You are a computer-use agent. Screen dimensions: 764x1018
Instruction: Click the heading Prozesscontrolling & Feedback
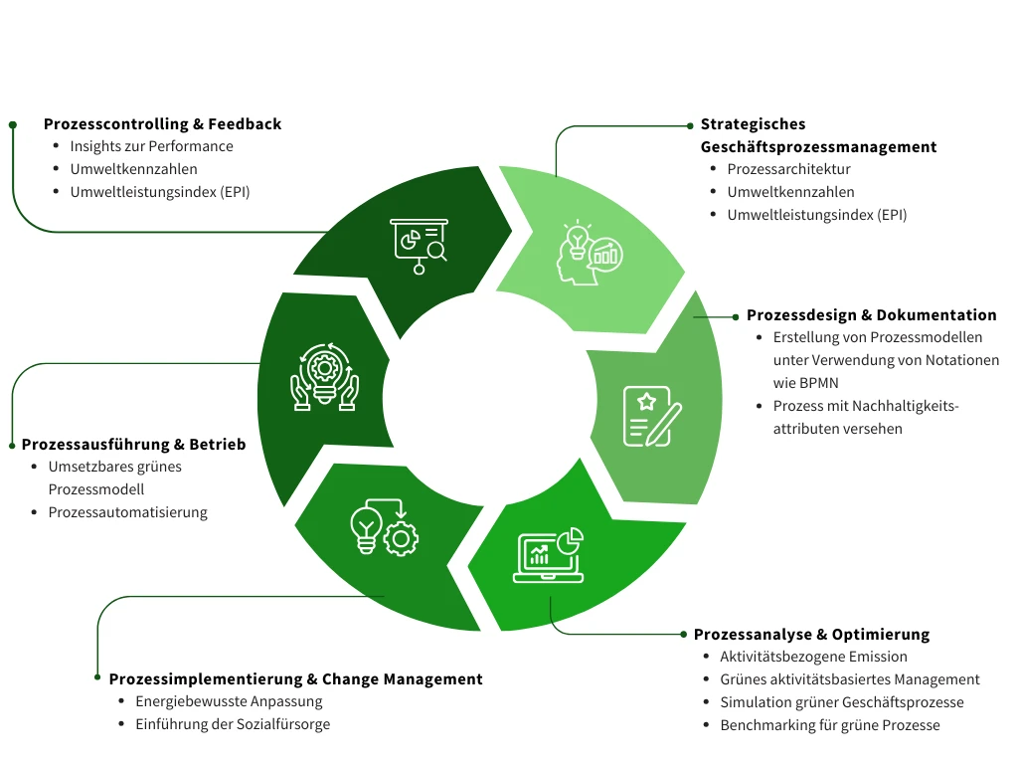pyautogui.click(x=162, y=124)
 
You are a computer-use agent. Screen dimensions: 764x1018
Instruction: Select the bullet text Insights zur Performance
pyautogui.click(x=151, y=146)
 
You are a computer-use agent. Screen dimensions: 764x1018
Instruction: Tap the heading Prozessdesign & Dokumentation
pyautogui.click(x=871, y=315)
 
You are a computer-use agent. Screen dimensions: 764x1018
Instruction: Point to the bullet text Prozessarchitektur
pyautogui.click(x=788, y=169)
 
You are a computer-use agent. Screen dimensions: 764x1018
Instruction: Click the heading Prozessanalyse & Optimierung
pyautogui.click(x=811, y=635)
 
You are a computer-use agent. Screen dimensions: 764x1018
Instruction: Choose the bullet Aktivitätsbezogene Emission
pyautogui.click(x=813, y=657)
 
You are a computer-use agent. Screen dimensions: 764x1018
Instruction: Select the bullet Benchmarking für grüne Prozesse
pyautogui.click(x=829, y=725)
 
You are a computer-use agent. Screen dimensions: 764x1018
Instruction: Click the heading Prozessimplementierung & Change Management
pyautogui.click(x=295, y=679)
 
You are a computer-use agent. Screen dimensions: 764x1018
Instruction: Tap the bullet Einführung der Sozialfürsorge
pyautogui.click(x=233, y=724)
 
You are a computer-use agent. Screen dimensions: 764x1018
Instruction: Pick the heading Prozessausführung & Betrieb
pyautogui.click(x=133, y=445)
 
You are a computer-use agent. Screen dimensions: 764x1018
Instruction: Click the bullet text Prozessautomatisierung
pyautogui.click(x=127, y=512)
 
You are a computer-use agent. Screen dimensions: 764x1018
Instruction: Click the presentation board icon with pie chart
pyautogui.click(x=419, y=245)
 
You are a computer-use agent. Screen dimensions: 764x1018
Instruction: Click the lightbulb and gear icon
pyautogui.click(x=385, y=527)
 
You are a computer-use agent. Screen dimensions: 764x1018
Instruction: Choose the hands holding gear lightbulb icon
pyautogui.click(x=323, y=378)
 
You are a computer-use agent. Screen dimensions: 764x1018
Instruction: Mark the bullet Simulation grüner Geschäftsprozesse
pyautogui.click(x=841, y=702)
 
